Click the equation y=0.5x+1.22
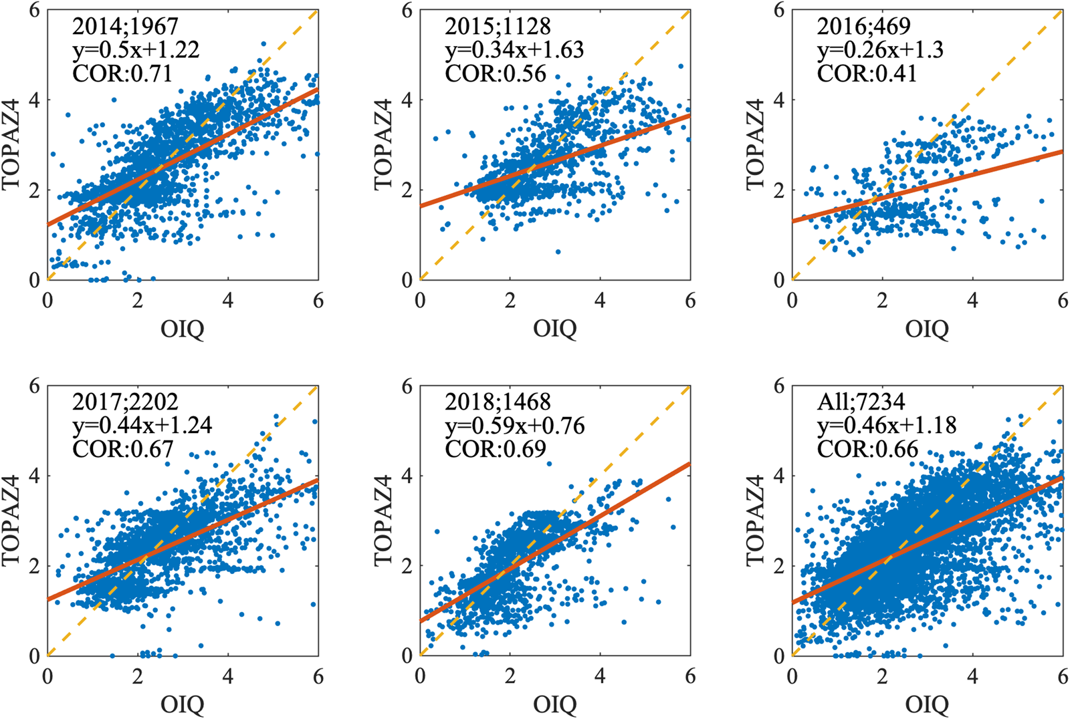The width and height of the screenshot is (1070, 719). pos(136,49)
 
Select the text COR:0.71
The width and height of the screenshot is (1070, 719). pos(122,73)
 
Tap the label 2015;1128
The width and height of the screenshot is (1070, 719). pos(498,26)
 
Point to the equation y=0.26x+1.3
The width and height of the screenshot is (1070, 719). pos(880,49)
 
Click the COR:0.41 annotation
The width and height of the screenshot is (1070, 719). pos(867,73)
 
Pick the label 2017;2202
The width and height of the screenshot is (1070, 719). pos(126,402)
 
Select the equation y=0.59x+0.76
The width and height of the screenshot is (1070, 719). pos(515,426)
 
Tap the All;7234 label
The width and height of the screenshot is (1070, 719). pos(861,402)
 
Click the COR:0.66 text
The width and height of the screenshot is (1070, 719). pos(867,449)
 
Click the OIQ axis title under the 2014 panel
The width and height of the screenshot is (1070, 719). pos(182,329)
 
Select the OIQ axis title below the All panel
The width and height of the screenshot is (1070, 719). pos(927,704)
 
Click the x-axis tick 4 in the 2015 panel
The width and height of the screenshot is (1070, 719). pos(600,301)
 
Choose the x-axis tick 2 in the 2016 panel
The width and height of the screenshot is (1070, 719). pos(882,301)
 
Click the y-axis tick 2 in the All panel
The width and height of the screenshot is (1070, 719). pos(779,566)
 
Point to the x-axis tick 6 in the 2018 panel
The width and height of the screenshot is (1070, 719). pos(690,677)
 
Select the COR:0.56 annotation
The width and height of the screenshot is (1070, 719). pos(495,73)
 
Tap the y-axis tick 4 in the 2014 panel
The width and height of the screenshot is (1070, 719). pos(35,100)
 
